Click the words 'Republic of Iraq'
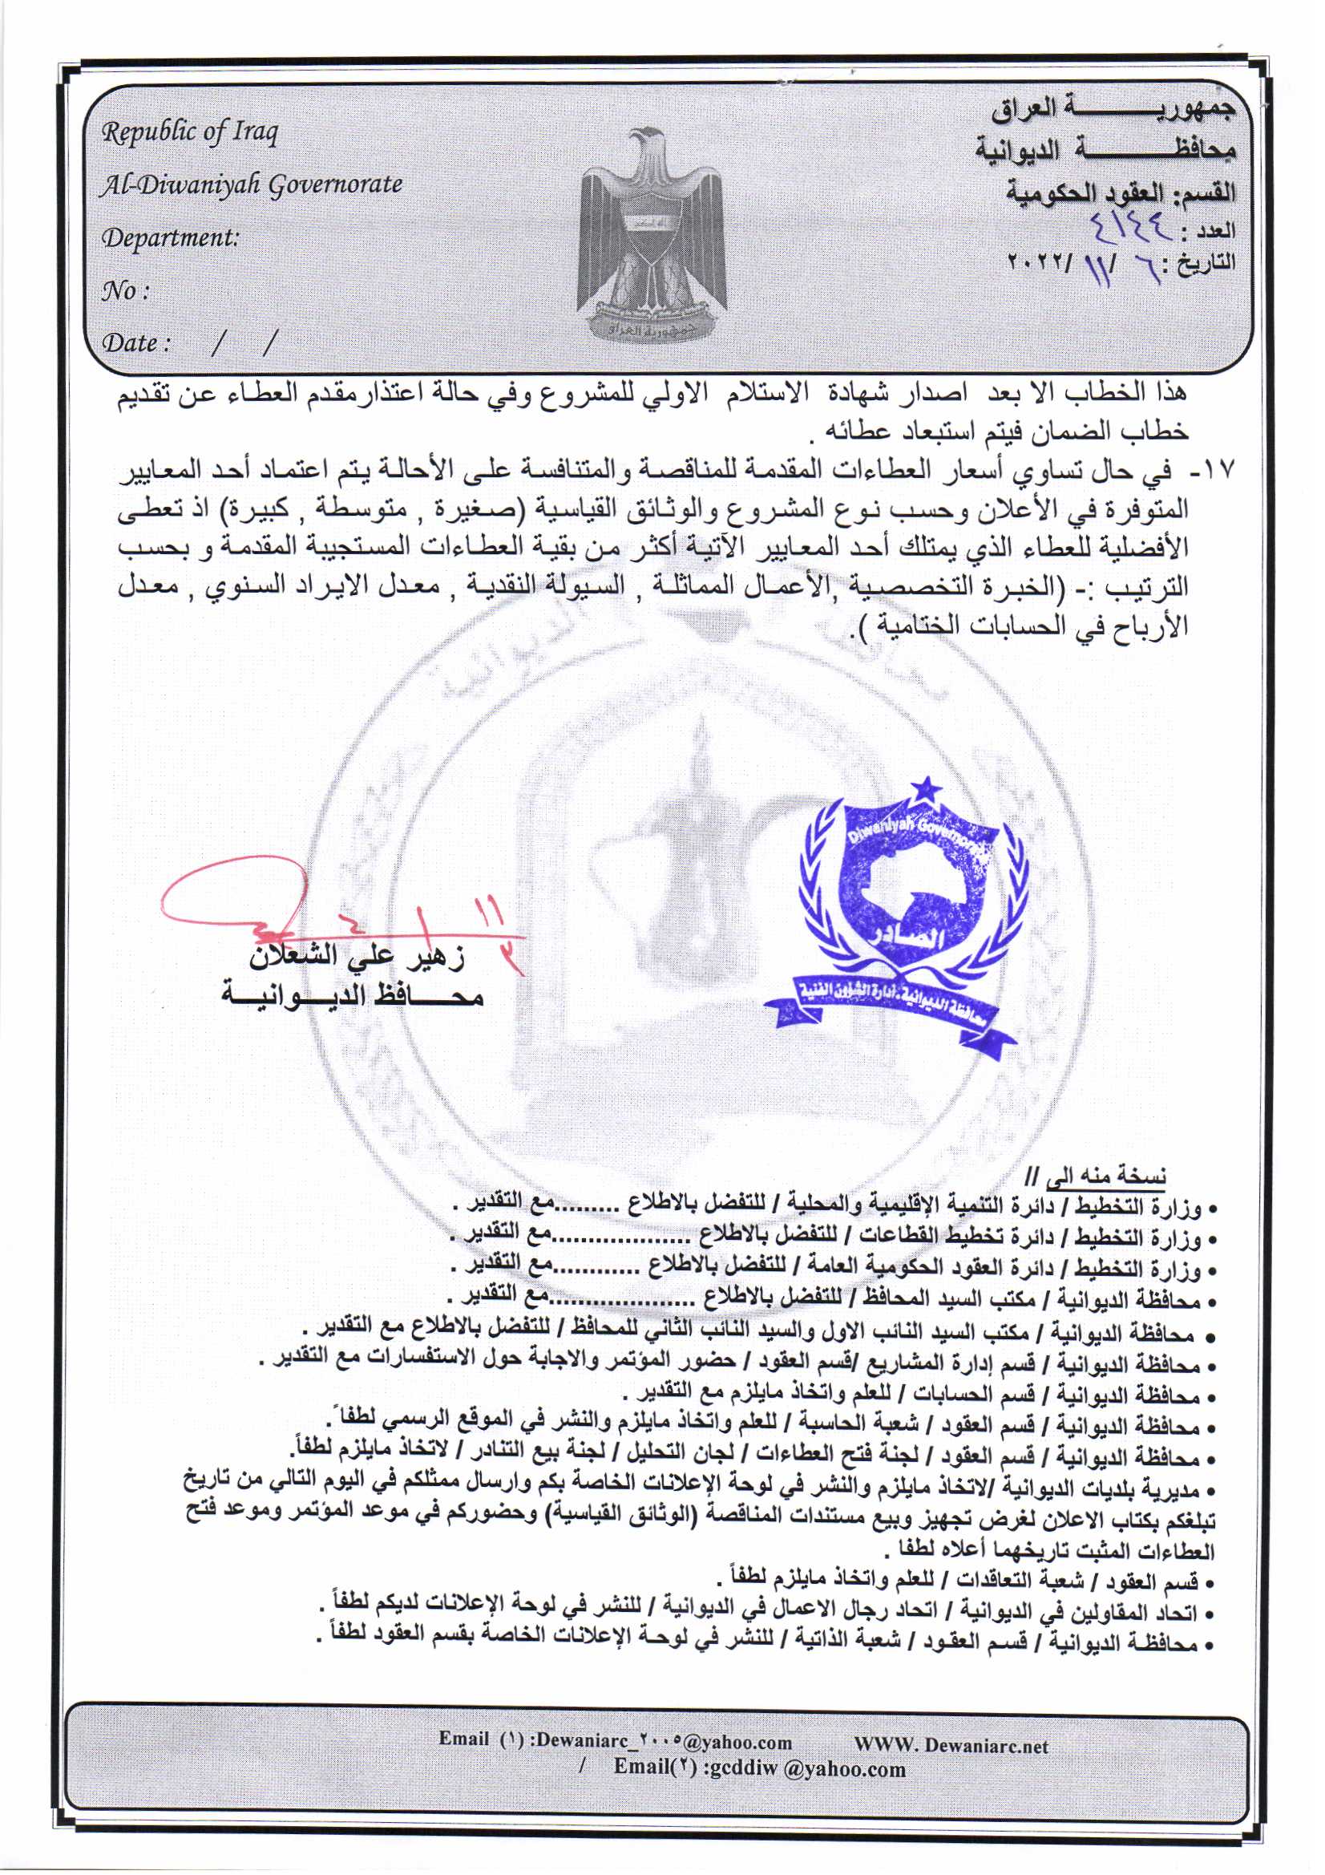189,133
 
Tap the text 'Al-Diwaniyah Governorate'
251,185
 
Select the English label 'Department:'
170,237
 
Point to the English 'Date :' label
135,342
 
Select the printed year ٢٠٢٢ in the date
1030,265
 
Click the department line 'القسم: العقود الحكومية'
1120,192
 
